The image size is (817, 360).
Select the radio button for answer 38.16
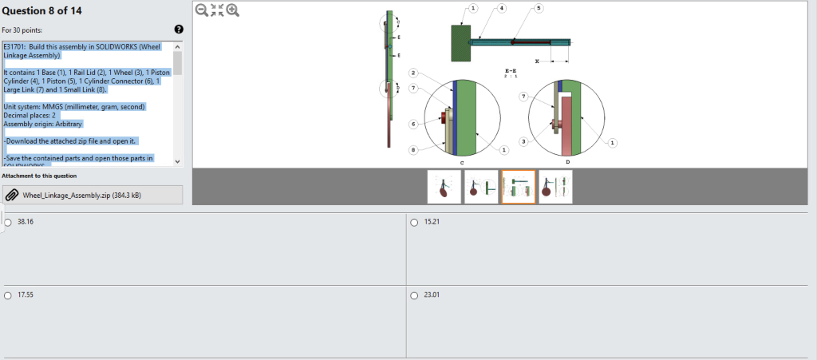tap(8, 222)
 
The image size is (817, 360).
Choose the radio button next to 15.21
tap(414, 222)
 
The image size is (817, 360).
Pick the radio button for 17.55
tap(8, 295)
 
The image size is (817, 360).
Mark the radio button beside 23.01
tap(414, 295)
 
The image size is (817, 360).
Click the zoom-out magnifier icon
tap(201, 10)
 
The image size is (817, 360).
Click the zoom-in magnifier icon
tap(232, 10)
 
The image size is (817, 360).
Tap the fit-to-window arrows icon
tap(217, 10)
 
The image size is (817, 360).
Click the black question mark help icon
tap(179, 30)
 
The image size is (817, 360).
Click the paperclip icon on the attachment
tap(13, 195)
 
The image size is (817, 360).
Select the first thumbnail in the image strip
tap(444, 187)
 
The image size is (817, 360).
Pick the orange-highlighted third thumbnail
tap(518, 187)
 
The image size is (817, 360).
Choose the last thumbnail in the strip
tap(555, 187)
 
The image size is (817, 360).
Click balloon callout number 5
tap(539, 8)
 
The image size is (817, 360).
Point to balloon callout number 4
tap(501, 8)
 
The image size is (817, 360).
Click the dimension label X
tap(537, 61)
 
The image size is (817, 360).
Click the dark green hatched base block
tap(460, 42)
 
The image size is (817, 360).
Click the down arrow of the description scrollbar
tap(177, 160)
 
